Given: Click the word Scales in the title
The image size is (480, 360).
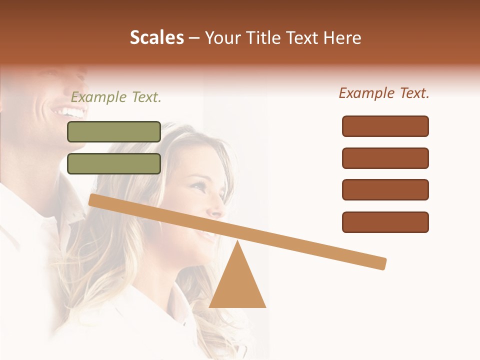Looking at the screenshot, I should coord(156,38).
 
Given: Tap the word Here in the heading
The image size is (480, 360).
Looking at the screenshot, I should coord(342,38).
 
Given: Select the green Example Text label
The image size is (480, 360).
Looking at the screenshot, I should coord(116,97).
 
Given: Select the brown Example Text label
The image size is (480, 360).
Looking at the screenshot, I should coord(384,93).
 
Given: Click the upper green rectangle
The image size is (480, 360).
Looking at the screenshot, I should coord(114,131).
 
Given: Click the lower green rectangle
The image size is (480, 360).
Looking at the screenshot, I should coord(114,164).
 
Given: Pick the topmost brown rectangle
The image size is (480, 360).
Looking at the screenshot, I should coord(385,126).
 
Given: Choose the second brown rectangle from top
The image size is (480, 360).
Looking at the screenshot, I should coord(385,158).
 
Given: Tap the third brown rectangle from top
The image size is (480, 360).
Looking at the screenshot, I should coord(385,190).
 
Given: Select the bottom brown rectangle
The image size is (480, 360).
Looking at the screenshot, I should coord(385,222).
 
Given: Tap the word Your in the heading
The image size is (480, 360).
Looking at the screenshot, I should coord(222,38).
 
